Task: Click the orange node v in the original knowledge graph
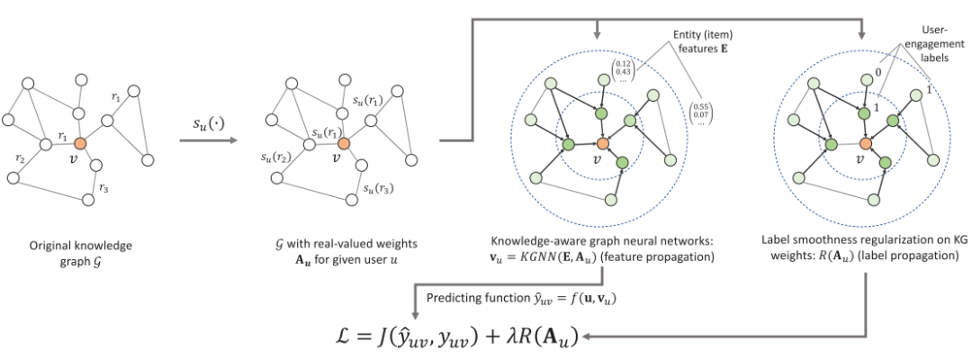pos(79,143)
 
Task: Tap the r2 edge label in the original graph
pos(20,157)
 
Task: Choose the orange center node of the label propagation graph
pos(866,144)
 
